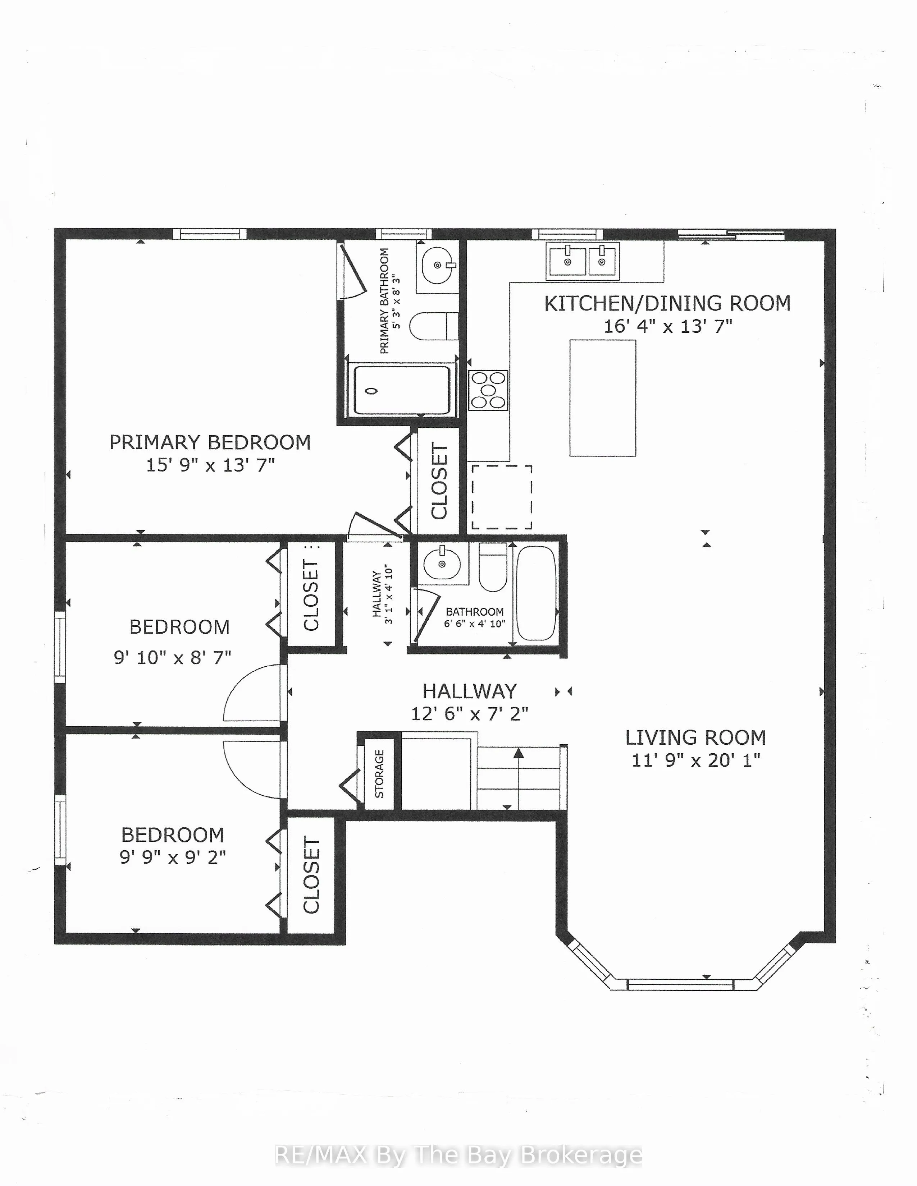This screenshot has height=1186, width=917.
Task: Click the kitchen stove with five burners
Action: tap(488, 390)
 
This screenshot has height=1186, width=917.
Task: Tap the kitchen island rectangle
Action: tap(602, 398)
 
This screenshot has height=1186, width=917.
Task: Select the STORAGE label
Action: tap(379, 773)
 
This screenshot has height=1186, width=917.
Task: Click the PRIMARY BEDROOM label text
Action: tap(210, 442)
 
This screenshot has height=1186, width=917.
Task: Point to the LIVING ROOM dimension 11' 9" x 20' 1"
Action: tap(695, 760)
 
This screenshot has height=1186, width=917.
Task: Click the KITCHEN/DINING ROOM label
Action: tap(667, 304)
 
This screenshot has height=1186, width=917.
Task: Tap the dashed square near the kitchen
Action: tap(501, 496)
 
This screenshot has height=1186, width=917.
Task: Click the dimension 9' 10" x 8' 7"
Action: tap(172, 658)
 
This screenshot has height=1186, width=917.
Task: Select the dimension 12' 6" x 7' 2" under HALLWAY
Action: tap(469, 713)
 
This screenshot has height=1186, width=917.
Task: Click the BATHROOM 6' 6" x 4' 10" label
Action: tap(475, 617)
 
